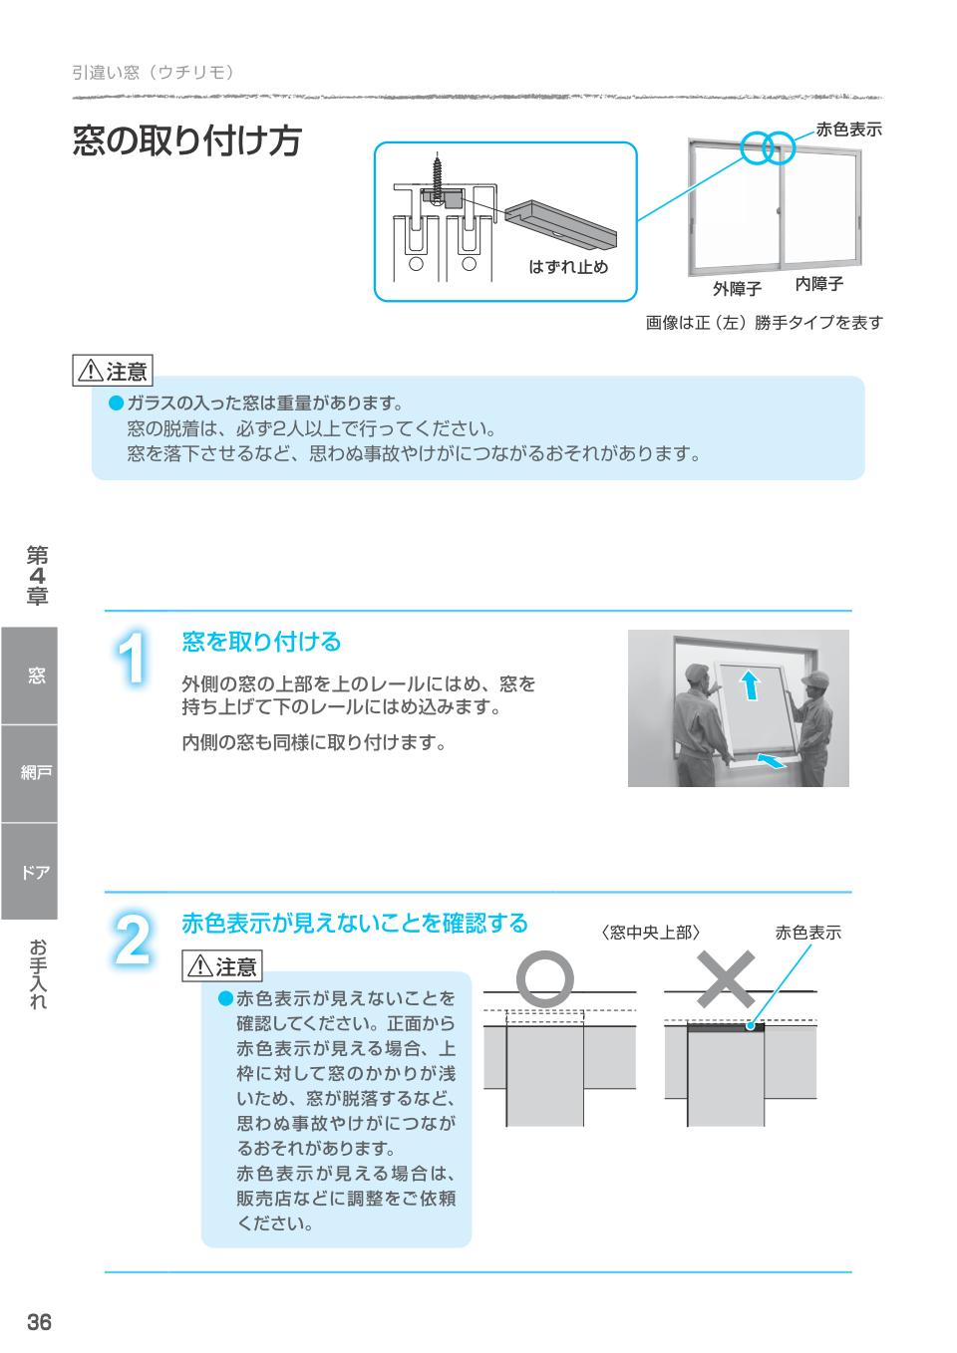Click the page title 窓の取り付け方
186,140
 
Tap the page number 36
39,1323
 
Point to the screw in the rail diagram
437,173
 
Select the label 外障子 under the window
737,288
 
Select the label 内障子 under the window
819,284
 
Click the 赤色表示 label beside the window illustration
848,129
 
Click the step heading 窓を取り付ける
261,643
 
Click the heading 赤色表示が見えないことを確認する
354,923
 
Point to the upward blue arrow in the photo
750,685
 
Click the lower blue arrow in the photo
770,762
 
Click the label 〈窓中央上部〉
651,933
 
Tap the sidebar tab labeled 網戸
29,773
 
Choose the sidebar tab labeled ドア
29,872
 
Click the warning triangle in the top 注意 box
90,373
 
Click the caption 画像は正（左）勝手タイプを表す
764,323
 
